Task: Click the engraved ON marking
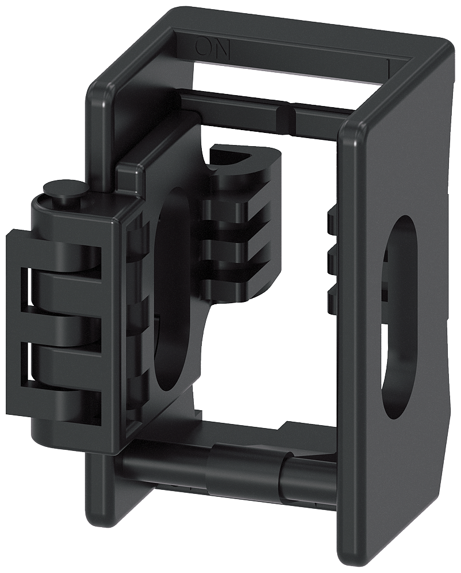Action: tap(213, 48)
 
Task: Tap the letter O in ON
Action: tap(205, 48)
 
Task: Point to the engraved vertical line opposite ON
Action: tap(389, 66)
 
